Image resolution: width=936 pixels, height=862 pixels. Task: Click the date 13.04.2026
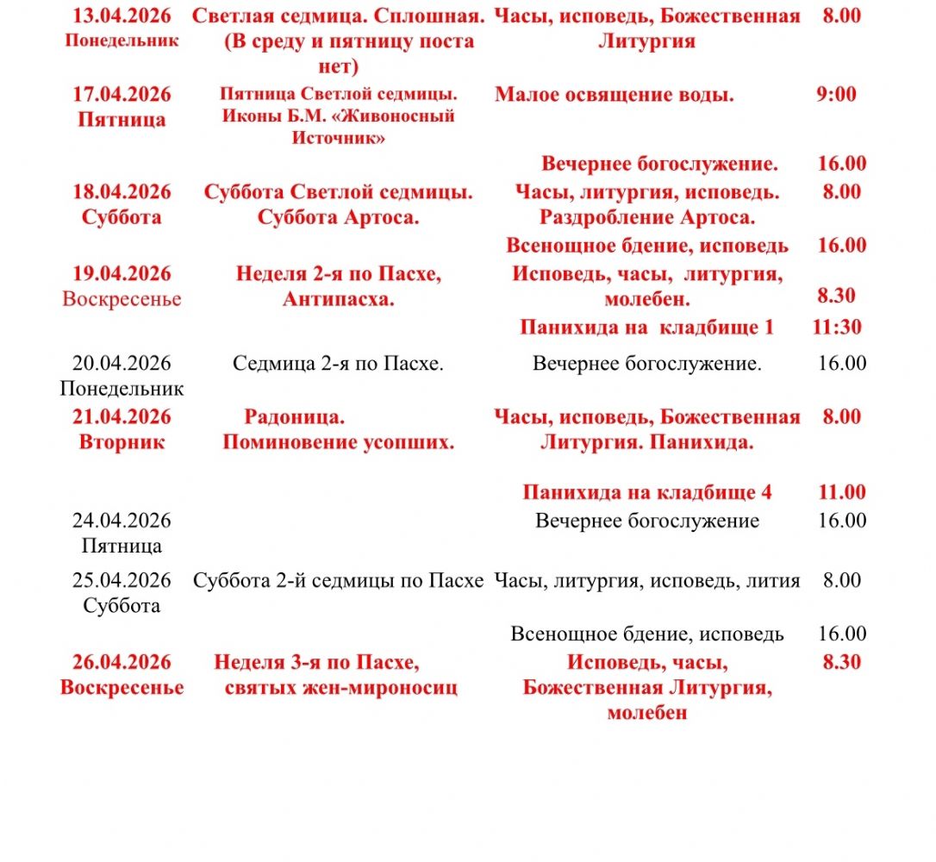tap(122, 16)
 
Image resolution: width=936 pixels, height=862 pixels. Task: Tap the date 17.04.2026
tap(122, 94)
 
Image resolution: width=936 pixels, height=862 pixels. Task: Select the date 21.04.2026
tap(122, 417)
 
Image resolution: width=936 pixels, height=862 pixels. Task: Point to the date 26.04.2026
tap(122, 662)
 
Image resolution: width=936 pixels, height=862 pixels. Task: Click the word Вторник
tap(122, 442)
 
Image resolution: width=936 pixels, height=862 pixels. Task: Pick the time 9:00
tap(836, 94)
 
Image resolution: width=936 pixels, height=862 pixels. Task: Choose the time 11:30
tap(836, 328)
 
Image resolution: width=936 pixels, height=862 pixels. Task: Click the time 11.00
tap(841, 492)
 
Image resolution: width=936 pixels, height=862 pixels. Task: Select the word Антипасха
tap(338, 299)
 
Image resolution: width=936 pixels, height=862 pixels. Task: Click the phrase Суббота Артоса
tap(338, 217)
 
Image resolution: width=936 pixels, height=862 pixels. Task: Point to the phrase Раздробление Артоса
tap(647, 217)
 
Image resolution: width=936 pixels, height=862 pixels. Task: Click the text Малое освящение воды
tap(614, 95)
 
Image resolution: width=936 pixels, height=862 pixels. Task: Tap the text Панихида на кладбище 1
tap(646, 328)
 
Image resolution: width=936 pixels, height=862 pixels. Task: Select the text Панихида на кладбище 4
tap(647, 492)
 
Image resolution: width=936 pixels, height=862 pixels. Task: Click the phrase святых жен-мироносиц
tap(341, 688)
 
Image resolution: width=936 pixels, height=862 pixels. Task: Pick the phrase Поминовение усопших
tap(338, 443)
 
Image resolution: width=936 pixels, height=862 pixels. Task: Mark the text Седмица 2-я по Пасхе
tap(338, 364)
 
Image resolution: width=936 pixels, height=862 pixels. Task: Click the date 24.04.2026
tap(122, 521)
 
